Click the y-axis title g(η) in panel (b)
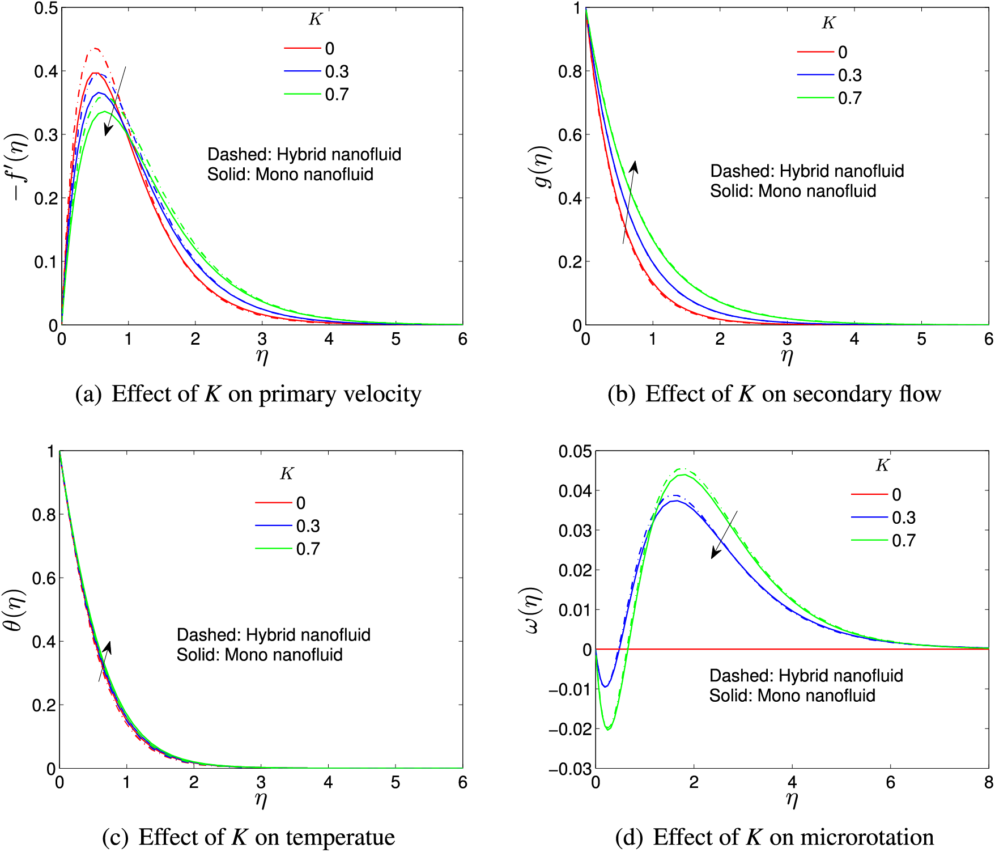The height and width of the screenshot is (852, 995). [543, 167]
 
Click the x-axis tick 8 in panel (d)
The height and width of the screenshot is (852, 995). [988, 783]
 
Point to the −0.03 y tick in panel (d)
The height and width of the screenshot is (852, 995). [570, 769]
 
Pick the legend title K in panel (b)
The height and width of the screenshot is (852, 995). [828, 23]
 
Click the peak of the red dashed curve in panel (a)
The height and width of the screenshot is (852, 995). [95, 49]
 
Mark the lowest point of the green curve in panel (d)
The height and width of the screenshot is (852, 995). [608, 728]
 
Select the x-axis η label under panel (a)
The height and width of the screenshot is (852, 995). [261, 357]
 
